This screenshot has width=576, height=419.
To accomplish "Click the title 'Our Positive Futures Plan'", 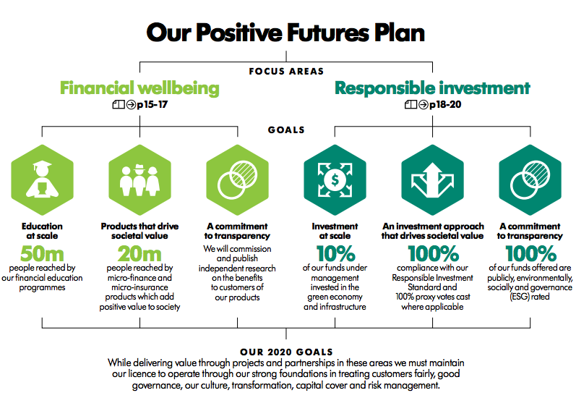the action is point(285,33).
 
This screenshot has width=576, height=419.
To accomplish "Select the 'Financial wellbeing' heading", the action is point(139,88).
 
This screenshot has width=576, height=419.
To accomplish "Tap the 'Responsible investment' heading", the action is point(432,88).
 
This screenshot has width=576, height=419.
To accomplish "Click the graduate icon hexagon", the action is point(42,180).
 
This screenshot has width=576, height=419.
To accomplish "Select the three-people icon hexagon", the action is point(140,180).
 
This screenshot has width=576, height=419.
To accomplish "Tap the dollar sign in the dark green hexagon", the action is point(335,180).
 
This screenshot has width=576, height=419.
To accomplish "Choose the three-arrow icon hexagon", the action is point(433,180).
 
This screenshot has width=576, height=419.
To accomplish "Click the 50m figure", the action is point(42,253).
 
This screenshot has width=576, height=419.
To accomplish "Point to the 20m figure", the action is point(139,253).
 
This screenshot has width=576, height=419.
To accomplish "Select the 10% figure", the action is point(336,253).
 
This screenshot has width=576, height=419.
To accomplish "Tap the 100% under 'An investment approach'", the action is point(434,253).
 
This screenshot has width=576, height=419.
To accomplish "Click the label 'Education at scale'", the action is point(42,231).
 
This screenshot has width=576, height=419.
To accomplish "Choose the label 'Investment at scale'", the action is point(335,231).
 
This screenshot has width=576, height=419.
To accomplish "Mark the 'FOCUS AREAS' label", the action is point(286,72).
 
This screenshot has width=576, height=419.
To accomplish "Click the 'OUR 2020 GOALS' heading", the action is point(286,352).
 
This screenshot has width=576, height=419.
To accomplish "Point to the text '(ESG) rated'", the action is point(530,297).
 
